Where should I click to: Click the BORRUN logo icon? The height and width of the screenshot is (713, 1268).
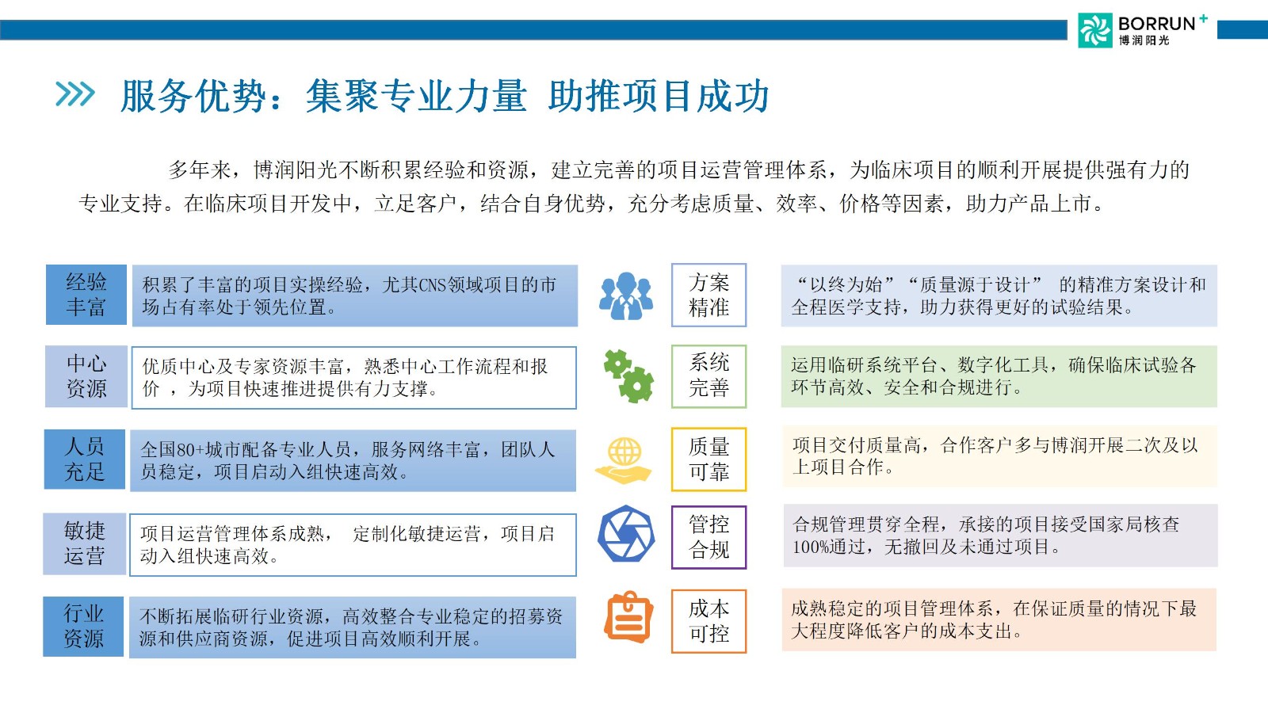(x=1094, y=30)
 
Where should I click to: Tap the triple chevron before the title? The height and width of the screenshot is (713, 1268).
(x=74, y=94)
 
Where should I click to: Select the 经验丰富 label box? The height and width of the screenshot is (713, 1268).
(x=86, y=294)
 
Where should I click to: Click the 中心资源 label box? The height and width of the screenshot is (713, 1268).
(x=86, y=376)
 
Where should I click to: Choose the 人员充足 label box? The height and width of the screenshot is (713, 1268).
(x=85, y=459)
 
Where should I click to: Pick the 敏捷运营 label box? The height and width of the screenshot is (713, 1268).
(x=84, y=543)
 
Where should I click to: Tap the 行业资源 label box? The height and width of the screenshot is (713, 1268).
(x=83, y=627)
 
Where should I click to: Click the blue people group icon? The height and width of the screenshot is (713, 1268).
(x=625, y=296)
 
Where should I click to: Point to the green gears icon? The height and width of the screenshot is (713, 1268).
(x=628, y=376)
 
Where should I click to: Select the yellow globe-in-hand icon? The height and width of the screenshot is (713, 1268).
(x=623, y=460)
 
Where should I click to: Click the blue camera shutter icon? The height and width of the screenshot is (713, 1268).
(x=626, y=534)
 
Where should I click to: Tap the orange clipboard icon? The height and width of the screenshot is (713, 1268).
(x=629, y=617)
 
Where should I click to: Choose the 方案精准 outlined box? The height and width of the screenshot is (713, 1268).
(x=708, y=295)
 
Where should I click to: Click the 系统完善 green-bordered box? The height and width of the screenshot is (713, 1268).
(x=708, y=376)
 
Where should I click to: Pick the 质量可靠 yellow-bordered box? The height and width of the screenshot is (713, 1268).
(x=708, y=459)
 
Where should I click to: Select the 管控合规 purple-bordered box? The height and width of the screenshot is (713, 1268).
(x=708, y=537)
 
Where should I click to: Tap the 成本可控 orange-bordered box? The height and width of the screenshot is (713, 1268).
(x=708, y=621)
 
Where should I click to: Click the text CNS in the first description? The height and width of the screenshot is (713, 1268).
(x=433, y=284)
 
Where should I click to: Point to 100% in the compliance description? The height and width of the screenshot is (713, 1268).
(x=810, y=547)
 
